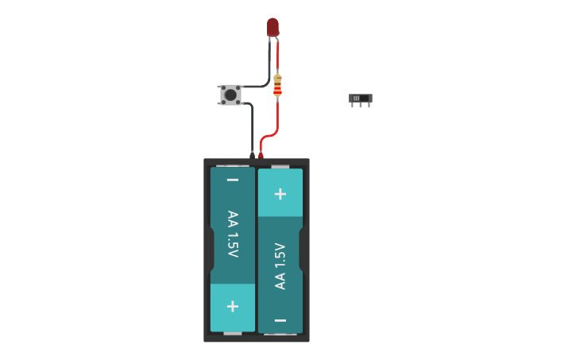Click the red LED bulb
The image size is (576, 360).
[x=273, y=26]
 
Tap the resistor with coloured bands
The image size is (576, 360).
[x=277, y=85]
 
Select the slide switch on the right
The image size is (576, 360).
[x=360, y=99]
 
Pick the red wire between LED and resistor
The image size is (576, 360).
[x=277, y=56]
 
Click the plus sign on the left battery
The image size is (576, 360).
[x=233, y=306]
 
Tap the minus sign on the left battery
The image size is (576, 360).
[x=233, y=180]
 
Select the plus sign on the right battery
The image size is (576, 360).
[x=280, y=193]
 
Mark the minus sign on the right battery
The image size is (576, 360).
[x=280, y=320]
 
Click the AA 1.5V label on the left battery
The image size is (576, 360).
[x=233, y=234]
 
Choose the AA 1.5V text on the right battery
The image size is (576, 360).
[x=280, y=266]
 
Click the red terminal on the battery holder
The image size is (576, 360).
[x=261, y=155]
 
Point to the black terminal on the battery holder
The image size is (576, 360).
[x=252, y=155]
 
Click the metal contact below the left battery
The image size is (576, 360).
[x=233, y=334]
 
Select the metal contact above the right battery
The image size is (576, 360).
[x=280, y=167]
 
